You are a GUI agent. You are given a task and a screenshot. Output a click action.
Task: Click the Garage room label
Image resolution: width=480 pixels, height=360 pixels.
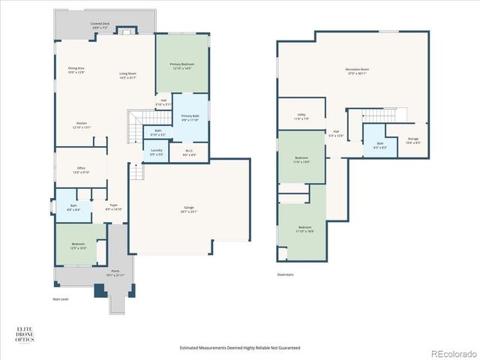(189, 209)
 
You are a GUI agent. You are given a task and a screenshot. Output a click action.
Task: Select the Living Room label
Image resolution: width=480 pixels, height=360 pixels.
(127, 75)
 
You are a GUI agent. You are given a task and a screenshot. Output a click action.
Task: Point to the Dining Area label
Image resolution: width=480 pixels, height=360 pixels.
(76, 70)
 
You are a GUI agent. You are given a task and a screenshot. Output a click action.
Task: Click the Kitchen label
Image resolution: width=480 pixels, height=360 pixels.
(81, 125)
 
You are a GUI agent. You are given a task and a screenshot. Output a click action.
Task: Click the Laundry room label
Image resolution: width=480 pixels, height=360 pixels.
(156, 151)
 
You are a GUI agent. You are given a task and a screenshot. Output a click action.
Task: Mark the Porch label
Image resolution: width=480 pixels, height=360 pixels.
(115, 272)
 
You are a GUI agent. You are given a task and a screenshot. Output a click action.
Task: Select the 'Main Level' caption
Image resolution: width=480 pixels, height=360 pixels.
(61, 299)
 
